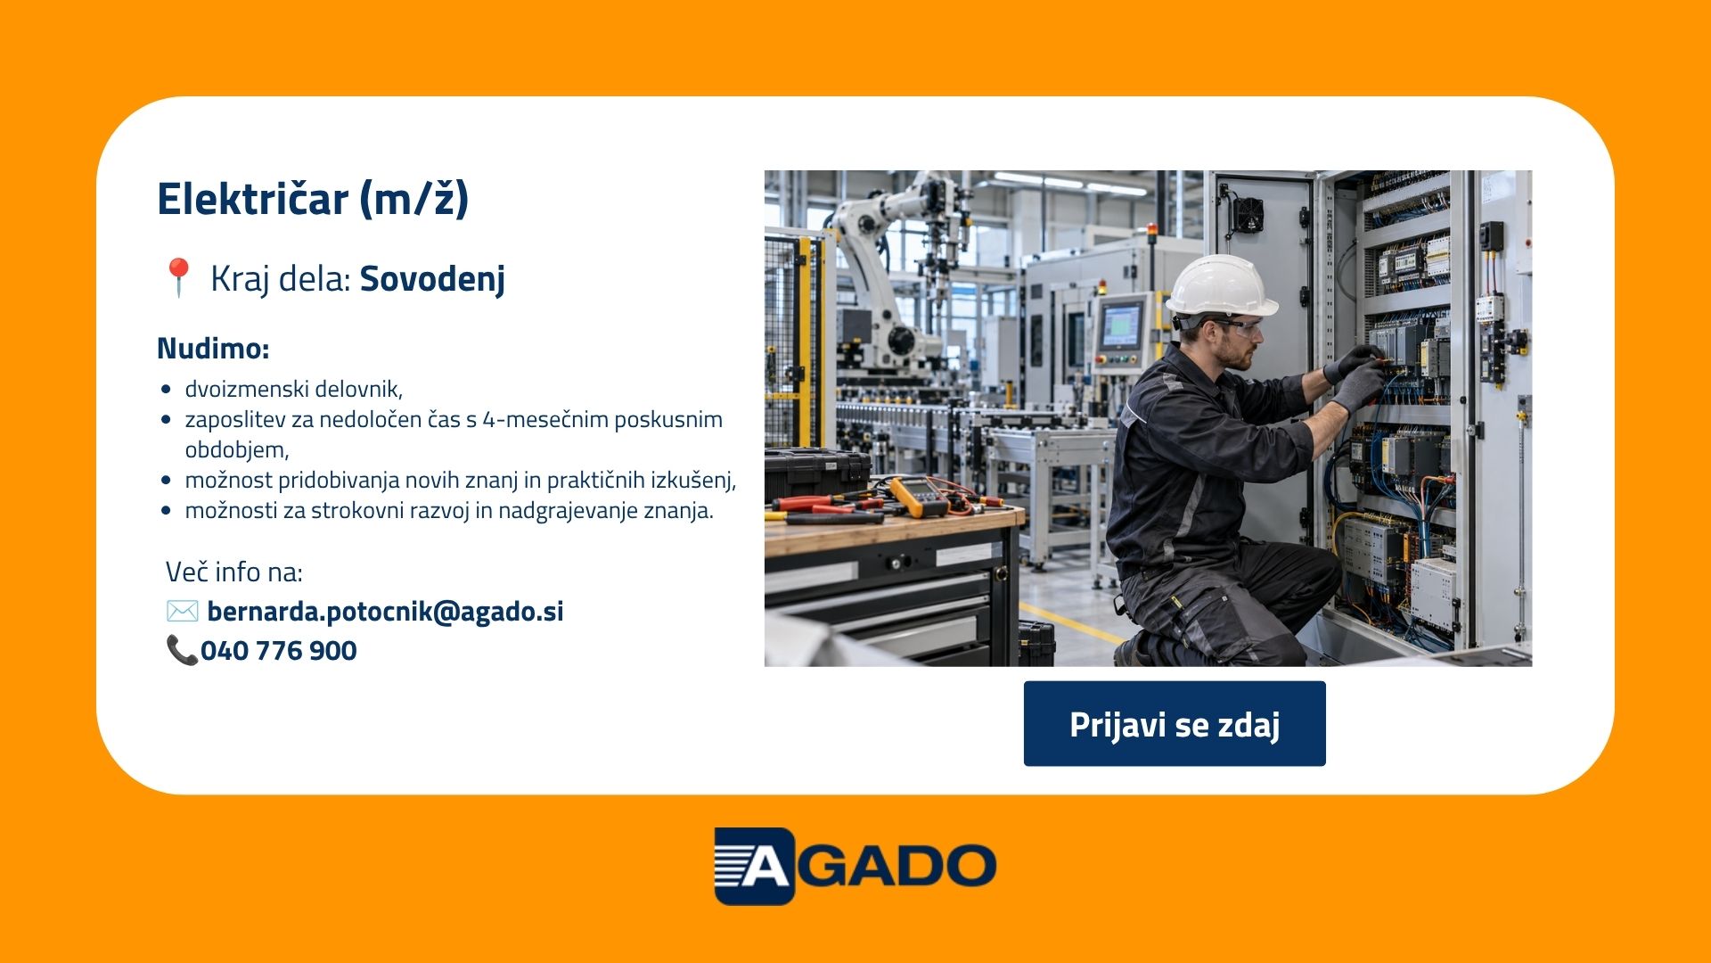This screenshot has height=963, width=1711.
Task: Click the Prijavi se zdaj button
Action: click(1175, 723)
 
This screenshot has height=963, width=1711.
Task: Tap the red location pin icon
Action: click(178, 277)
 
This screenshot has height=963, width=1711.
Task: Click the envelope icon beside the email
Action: click(183, 611)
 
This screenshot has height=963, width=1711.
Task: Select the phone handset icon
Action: click(181, 650)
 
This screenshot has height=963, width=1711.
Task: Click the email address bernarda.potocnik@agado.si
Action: click(385, 612)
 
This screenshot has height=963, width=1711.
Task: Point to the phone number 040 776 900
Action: click(279, 651)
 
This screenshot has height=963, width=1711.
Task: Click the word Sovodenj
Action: click(432, 279)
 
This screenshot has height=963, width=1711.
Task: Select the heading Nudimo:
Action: click(213, 348)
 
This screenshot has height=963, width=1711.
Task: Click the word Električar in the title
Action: click(252, 198)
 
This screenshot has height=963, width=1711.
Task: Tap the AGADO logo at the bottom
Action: click(855, 866)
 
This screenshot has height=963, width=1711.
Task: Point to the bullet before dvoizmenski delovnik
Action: click(166, 390)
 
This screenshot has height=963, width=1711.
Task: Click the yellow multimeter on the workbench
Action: click(918, 496)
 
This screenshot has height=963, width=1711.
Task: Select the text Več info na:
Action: click(234, 572)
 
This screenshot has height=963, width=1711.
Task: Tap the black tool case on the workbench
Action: click(815, 472)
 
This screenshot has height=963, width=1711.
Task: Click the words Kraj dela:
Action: click(281, 279)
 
